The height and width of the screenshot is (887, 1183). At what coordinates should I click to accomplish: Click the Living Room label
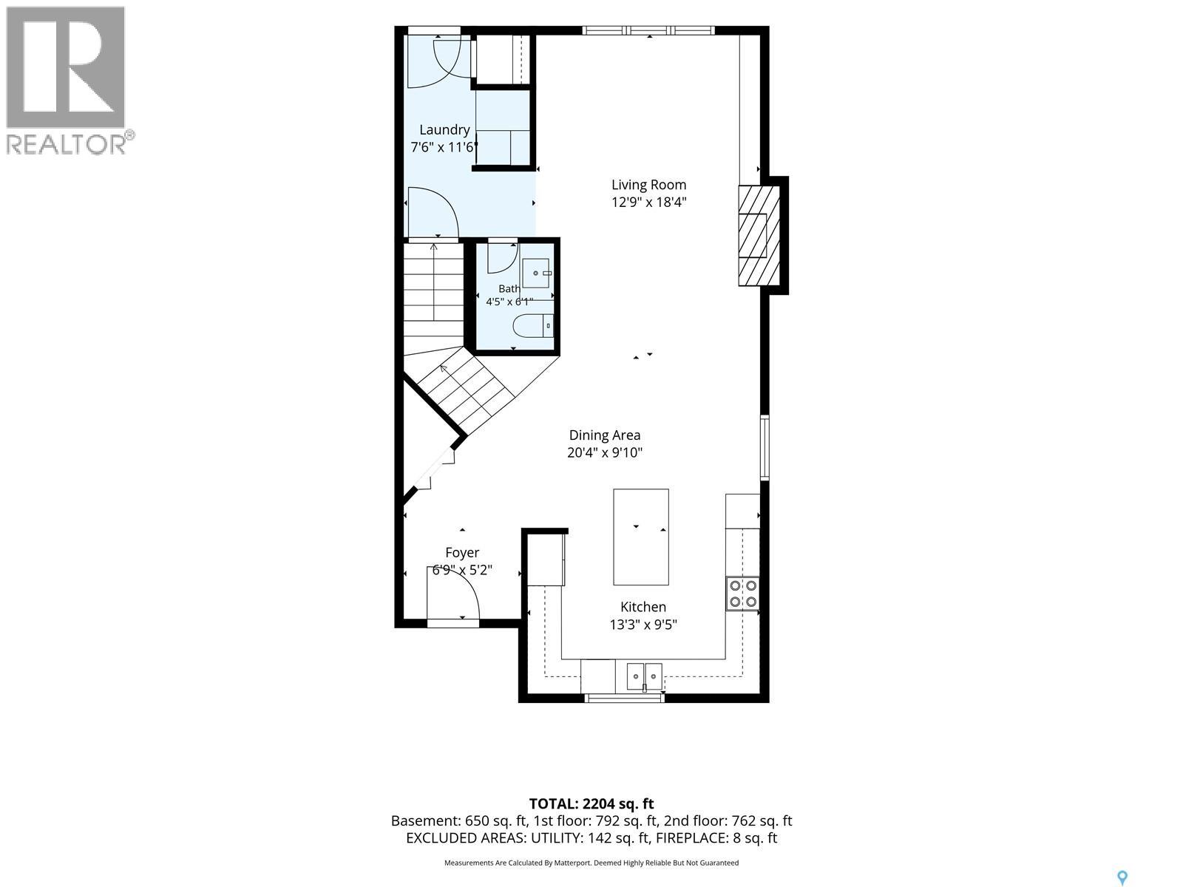(x=648, y=185)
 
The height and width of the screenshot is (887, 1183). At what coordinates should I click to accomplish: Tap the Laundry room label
(x=444, y=130)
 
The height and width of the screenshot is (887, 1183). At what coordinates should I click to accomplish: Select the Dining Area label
(x=605, y=435)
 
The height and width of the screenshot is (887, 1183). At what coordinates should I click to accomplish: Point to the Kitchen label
(x=643, y=607)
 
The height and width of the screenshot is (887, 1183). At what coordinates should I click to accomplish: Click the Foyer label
(x=462, y=553)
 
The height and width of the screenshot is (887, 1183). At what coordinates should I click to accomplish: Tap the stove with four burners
(x=742, y=594)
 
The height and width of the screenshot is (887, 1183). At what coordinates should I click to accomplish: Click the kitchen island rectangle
(x=641, y=537)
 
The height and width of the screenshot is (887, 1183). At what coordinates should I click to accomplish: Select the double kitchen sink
(x=645, y=676)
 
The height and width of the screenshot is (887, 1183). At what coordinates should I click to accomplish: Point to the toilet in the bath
(x=532, y=326)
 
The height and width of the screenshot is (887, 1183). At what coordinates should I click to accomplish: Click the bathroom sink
(x=537, y=273)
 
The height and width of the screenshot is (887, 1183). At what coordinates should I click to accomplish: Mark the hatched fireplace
(x=759, y=235)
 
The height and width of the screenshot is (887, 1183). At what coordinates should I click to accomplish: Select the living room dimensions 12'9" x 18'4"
(x=648, y=203)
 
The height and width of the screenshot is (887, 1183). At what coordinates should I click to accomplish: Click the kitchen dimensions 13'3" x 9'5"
(x=643, y=625)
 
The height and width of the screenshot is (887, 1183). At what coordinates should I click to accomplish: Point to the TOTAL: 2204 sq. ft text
(x=591, y=803)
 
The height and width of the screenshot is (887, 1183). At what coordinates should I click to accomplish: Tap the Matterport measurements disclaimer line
(x=591, y=862)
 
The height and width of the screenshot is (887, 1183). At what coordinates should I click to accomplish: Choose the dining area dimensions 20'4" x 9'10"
(x=605, y=452)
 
